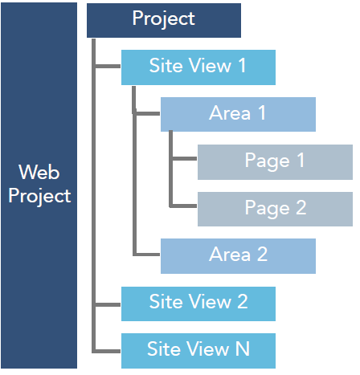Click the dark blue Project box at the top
[x=164, y=20]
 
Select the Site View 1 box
[x=198, y=67]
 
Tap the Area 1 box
[x=238, y=114]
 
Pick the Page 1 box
[x=275, y=162]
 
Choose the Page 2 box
[x=275, y=209]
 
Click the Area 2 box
[x=238, y=256]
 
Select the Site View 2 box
[x=198, y=304]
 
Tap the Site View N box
[x=198, y=351]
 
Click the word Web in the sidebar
[x=39, y=172]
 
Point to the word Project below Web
[x=39, y=196]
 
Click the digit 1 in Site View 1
[x=242, y=65]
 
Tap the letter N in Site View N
[x=243, y=349]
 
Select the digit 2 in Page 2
[x=301, y=207]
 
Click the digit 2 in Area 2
[x=262, y=255]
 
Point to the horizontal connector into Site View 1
[x=108, y=66]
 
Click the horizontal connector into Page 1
[x=184, y=159]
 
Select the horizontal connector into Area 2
[x=147, y=255]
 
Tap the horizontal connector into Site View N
[x=107, y=351]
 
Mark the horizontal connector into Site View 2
[x=108, y=304]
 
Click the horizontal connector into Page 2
[x=183, y=206]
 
